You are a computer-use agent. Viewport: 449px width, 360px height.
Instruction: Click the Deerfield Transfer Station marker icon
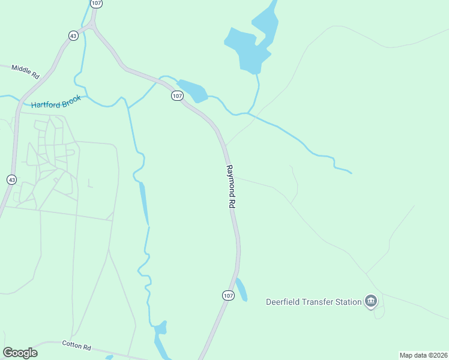(x=371, y=301)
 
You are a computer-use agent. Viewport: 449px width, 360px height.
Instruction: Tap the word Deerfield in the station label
(x=285, y=301)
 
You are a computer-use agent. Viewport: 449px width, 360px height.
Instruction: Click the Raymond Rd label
(x=230, y=187)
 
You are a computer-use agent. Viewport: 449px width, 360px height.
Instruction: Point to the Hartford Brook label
(x=56, y=103)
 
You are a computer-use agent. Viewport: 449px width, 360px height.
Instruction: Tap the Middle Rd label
(x=25, y=71)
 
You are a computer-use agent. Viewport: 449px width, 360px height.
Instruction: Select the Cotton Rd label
(x=76, y=346)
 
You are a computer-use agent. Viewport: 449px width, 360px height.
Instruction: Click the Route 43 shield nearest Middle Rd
(x=73, y=36)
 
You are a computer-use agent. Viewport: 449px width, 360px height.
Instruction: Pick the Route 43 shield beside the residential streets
(x=11, y=179)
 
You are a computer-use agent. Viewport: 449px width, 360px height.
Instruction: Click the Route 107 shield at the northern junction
(x=97, y=4)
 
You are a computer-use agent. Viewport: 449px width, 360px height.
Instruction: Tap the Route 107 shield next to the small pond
(x=176, y=96)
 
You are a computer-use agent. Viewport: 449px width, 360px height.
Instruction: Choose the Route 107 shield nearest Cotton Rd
(x=228, y=295)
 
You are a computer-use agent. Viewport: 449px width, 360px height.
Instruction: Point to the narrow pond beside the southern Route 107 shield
(x=241, y=289)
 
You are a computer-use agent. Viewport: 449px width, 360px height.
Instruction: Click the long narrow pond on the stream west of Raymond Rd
(x=144, y=204)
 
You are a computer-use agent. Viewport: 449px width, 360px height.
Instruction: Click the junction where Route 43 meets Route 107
(x=92, y=25)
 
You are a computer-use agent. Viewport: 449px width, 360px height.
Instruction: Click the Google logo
(x=20, y=353)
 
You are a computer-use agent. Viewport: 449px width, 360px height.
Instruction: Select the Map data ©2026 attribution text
(x=423, y=355)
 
